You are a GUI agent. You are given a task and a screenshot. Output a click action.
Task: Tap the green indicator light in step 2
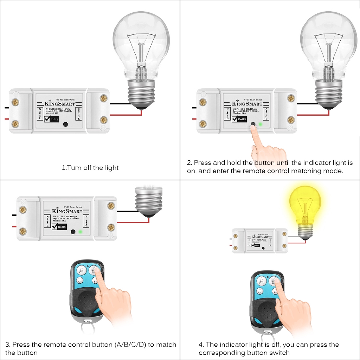(260, 124)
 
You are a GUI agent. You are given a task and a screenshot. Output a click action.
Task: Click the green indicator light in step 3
(81, 232)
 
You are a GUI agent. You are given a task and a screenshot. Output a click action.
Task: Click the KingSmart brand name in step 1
(60, 104)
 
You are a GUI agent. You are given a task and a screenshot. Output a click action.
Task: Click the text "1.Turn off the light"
(90, 168)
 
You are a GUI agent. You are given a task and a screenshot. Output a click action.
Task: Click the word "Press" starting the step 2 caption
(202, 163)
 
